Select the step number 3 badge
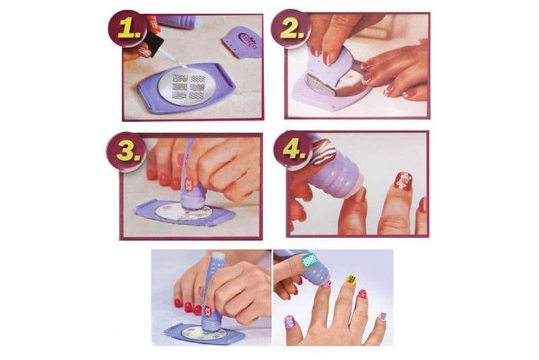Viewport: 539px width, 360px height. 127,152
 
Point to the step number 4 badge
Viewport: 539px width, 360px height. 294,150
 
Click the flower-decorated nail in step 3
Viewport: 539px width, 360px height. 189,185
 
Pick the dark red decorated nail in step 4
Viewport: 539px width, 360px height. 403,181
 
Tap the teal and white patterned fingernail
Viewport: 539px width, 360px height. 309,260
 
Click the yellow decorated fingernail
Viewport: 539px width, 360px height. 350,280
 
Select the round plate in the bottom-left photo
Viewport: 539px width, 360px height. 203,332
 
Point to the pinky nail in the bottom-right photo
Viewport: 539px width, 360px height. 383,317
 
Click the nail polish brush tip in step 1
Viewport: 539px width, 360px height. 182,65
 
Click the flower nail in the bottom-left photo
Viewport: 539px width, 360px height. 208,311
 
